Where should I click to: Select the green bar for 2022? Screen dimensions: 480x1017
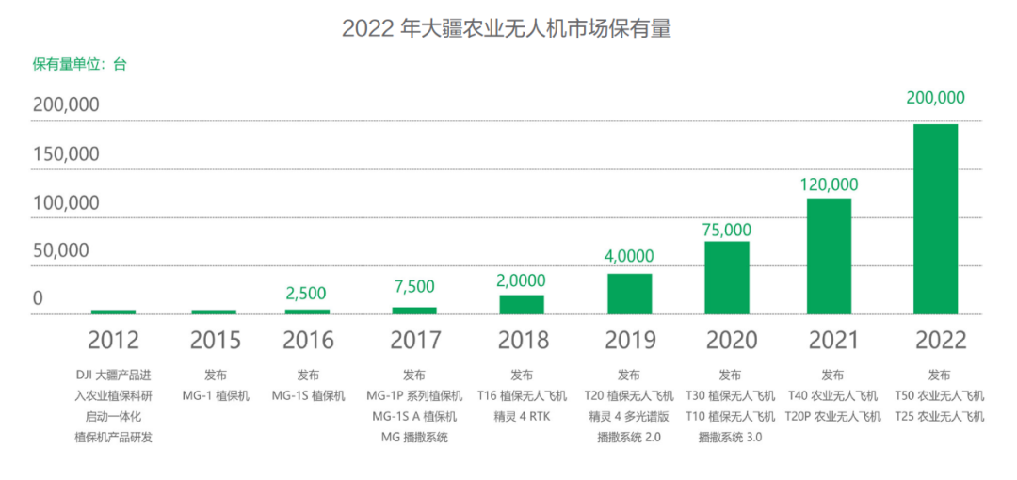tap(935, 219)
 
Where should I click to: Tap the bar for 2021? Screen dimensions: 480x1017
tap(829, 256)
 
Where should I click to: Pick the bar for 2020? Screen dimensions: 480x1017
tap(727, 278)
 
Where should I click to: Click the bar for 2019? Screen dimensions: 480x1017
tap(629, 294)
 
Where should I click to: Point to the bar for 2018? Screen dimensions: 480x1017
tap(522, 304)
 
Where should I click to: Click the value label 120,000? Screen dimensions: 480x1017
tap(829, 185)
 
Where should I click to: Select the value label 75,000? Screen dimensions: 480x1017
tap(727, 230)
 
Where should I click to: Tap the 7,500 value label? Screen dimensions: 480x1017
tap(414, 287)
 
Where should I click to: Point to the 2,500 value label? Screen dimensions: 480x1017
tap(307, 294)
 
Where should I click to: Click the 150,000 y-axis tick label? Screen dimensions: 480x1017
tap(66, 153)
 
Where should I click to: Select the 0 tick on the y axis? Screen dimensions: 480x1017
tap(38, 298)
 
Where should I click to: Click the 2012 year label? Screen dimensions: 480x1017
tap(113, 340)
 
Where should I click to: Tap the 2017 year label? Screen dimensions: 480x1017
tap(415, 340)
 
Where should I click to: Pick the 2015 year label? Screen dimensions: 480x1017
tap(215, 340)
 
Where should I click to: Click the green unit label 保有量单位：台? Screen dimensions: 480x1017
tap(80, 64)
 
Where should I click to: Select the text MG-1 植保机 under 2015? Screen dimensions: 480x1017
tap(216, 396)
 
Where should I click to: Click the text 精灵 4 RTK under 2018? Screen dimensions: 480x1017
tap(522, 416)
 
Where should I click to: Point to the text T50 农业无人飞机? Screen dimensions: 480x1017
tap(939, 395)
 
